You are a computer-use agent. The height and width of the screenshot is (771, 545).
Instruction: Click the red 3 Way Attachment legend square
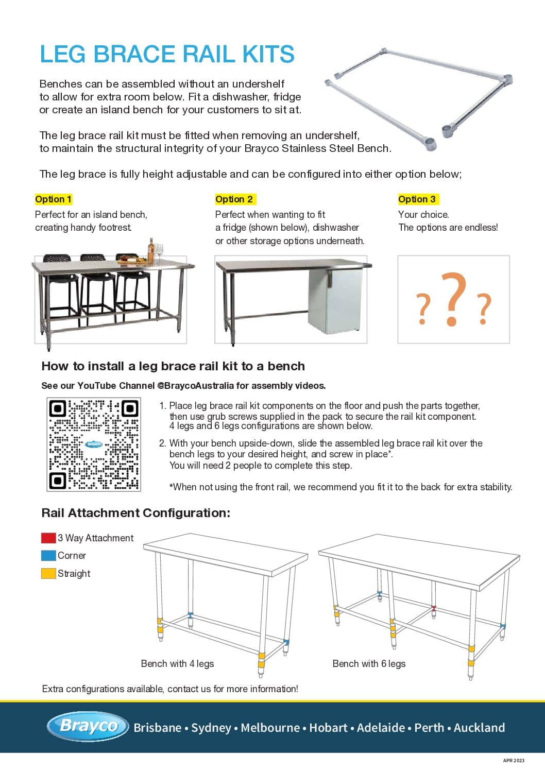click(48, 538)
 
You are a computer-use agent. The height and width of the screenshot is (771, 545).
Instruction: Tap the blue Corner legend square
click(48, 556)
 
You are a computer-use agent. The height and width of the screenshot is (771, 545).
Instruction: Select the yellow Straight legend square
click(48, 573)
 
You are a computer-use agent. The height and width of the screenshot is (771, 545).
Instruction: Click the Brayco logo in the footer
click(88, 726)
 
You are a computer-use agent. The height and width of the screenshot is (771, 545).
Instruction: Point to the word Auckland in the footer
click(479, 728)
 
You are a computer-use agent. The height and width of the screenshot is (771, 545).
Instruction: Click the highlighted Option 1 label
click(54, 199)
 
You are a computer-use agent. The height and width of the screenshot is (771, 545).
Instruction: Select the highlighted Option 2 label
click(234, 199)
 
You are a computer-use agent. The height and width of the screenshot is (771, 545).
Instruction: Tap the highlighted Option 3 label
click(417, 199)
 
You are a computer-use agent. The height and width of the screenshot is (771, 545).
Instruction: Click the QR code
click(94, 444)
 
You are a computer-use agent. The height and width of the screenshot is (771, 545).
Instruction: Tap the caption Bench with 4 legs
click(177, 663)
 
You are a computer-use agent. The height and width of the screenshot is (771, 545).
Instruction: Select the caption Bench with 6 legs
click(369, 663)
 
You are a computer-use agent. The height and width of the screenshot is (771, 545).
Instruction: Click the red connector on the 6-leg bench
click(434, 609)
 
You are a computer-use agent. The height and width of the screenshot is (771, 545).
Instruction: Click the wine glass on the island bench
click(160, 250)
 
